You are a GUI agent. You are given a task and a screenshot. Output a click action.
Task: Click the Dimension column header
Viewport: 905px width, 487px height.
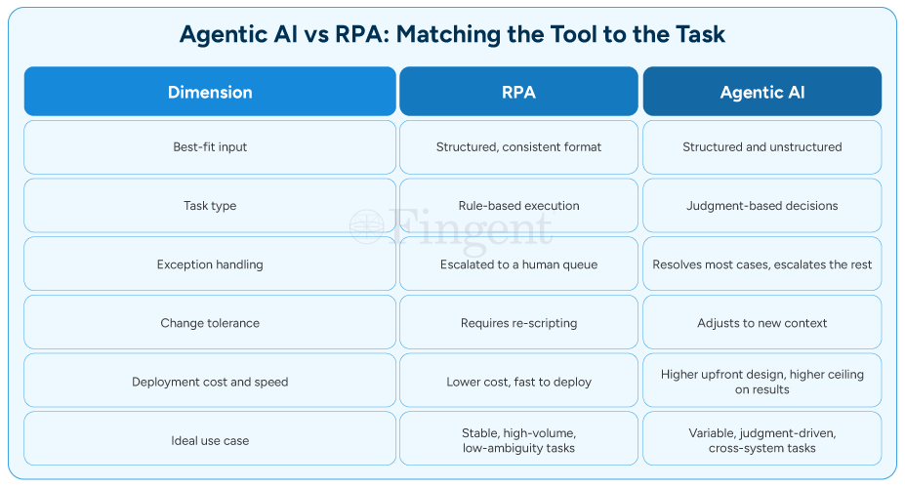click(210, 92)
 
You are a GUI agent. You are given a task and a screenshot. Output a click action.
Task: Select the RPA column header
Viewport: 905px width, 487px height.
click(518, 92)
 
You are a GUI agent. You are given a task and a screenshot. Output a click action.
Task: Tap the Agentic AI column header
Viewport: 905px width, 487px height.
click(761, 92)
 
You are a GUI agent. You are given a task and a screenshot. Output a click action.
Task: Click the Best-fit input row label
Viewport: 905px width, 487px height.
click(210, 147)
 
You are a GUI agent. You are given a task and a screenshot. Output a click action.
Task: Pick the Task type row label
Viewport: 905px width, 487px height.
click(210, 206)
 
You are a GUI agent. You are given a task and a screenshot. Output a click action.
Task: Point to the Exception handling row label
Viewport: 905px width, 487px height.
click(210, 264)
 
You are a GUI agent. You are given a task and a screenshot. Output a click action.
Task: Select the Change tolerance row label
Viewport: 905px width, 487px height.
click(210, 323)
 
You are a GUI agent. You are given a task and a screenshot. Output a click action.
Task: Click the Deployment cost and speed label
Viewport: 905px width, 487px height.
click(210, 382)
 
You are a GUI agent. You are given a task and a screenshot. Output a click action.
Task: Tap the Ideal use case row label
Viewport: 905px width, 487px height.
click(210, 441)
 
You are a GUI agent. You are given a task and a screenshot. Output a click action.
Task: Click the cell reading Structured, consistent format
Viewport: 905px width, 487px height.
click(518, 147)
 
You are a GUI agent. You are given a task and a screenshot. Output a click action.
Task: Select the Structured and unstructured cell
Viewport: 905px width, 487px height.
click(761, 147)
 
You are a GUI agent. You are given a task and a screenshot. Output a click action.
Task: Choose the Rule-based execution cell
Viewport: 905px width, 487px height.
click(518, 206)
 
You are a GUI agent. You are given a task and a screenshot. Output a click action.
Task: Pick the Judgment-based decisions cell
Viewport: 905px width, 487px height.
click(761, 206)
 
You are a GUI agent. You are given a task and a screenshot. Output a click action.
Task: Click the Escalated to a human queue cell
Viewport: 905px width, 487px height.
click(518, 264)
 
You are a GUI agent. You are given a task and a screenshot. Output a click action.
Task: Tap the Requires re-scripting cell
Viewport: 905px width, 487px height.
click(518, 323)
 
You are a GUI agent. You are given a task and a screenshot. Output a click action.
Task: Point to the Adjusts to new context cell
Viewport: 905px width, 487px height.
click(761, 323)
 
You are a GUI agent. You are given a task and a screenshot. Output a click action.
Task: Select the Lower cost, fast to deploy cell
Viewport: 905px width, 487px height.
click(518, 382)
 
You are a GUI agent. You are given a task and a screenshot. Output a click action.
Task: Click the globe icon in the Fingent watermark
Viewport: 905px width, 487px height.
click(366, 226)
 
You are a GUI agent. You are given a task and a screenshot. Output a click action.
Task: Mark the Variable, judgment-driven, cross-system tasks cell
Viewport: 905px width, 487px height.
click(761, 441)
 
